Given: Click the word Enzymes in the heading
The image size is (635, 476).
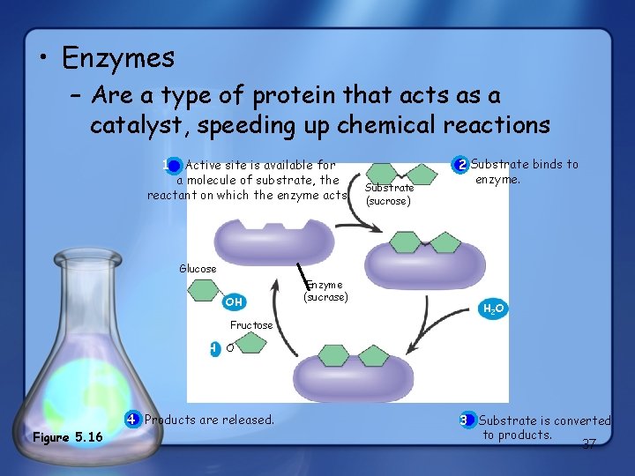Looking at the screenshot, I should click(118, 58).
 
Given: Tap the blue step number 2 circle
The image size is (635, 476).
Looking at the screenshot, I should click(461, 165).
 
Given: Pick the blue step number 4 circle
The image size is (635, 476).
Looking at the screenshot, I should click(131, 419).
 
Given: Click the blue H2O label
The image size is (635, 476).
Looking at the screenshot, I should click(493, 309).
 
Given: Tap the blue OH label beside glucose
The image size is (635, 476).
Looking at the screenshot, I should click(234, 302).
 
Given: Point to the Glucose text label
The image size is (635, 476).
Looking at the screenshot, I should click(198, 269).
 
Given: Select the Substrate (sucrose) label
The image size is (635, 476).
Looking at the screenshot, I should click(389, 194).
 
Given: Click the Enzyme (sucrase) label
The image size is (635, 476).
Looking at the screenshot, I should click(326, 290).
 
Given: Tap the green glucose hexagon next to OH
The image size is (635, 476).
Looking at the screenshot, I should click(204, 293).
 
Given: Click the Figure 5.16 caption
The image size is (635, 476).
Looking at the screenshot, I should click(67, 438).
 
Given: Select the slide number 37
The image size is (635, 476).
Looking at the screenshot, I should click(589, 443).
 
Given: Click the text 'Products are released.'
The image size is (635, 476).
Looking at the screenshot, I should click(209, 420).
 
